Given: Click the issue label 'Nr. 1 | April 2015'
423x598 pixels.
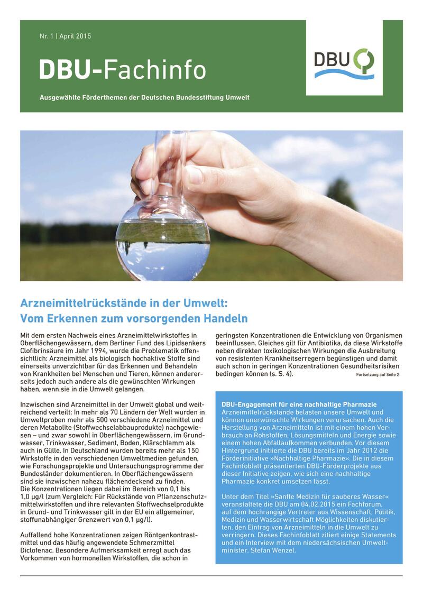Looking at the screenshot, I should [65, 36].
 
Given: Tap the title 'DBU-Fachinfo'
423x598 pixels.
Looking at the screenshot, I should [122, 70].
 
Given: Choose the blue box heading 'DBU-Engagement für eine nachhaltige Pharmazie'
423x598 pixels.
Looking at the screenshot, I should [307, 404].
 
